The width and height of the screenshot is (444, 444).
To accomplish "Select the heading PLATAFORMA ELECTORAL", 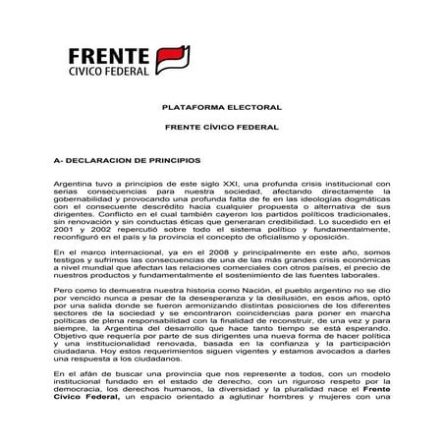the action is point(221,106).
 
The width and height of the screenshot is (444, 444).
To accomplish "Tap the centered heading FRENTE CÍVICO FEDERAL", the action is point(221,129).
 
